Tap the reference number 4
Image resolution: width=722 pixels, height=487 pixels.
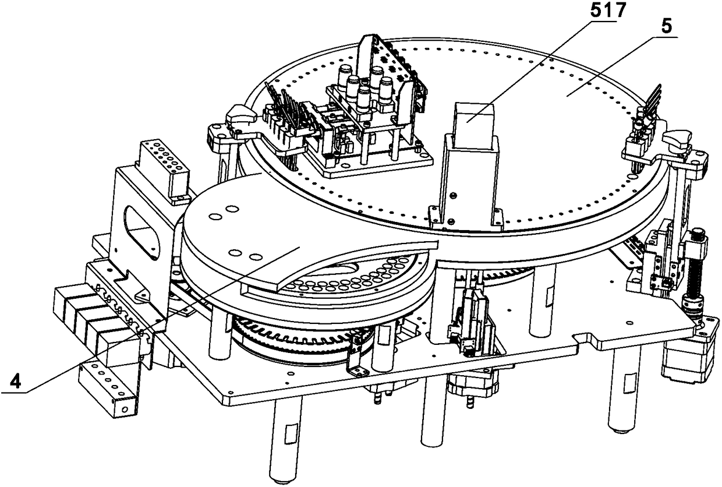(x=17, y=383)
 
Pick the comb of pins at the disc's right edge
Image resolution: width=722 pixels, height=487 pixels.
(x=649, y=108)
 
